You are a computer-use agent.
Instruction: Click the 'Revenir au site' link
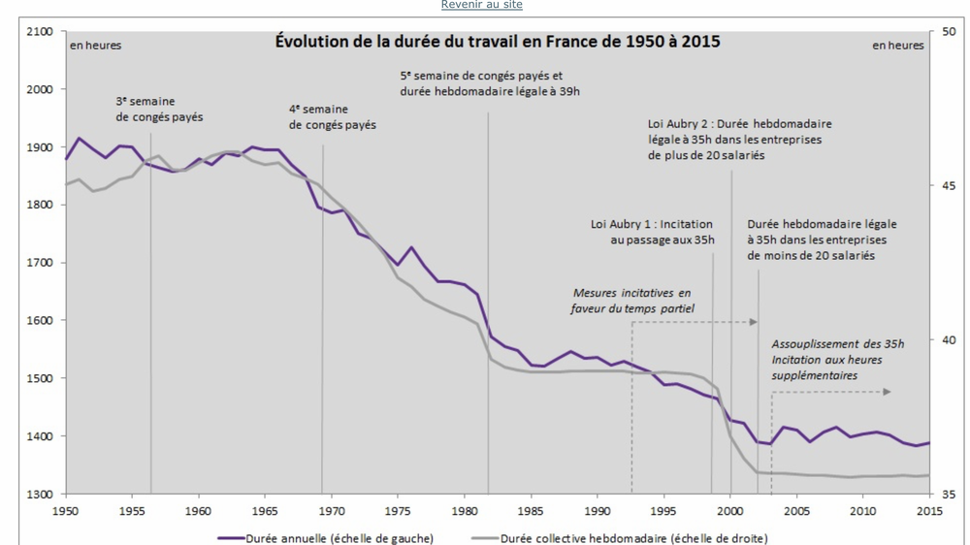click(481, 5)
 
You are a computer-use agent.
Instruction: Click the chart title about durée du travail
click(498, 42)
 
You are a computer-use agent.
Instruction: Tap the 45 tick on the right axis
click(948, 186)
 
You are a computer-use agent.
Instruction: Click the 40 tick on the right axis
click(948, 340)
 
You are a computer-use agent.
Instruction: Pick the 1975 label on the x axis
click(398, 510)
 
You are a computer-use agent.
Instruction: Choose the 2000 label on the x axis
click(730, 510)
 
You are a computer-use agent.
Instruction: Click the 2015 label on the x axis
click(929, 510)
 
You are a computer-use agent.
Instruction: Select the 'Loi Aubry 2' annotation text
click(739, 140)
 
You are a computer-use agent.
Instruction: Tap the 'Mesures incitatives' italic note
click(631, 301)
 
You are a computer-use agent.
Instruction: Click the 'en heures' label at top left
click(95, 46)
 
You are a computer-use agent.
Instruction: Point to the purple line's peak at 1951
click(80, 138)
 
